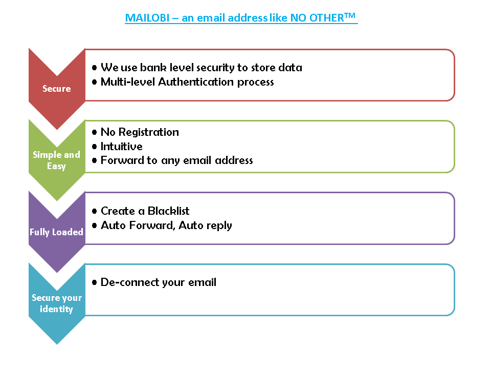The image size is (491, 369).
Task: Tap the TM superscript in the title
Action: (350, 15)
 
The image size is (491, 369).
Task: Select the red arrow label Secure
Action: (56, 89)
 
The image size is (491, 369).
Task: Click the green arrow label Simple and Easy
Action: (56, 160)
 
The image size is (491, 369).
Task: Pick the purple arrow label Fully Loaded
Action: (56, 232)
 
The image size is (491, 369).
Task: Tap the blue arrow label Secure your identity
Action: (56, 303)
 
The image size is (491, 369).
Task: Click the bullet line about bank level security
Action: (201, 68)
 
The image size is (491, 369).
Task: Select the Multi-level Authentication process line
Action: (187, 82)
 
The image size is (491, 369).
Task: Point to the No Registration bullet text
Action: (140, 132)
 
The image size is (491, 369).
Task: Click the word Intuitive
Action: (121, 147)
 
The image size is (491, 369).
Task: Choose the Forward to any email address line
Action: (176, 160)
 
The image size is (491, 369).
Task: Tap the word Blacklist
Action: (168, 211)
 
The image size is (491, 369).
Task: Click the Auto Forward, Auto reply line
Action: (166, 225)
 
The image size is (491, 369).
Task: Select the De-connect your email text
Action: (159, 282)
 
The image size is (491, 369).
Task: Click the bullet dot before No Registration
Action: (95, 133)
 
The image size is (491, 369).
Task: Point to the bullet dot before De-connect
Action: (95, 283)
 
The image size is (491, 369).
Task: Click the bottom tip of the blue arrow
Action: (57, 342)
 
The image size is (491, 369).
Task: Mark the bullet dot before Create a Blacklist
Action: (95, 212)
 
